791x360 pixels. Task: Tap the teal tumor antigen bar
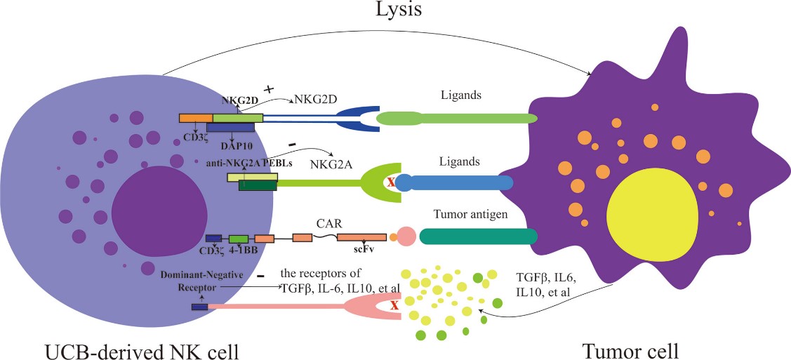478,237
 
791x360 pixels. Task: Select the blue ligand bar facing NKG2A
457,183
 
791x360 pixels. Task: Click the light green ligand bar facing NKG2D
457,119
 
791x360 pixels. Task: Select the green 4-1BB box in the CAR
239,239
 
